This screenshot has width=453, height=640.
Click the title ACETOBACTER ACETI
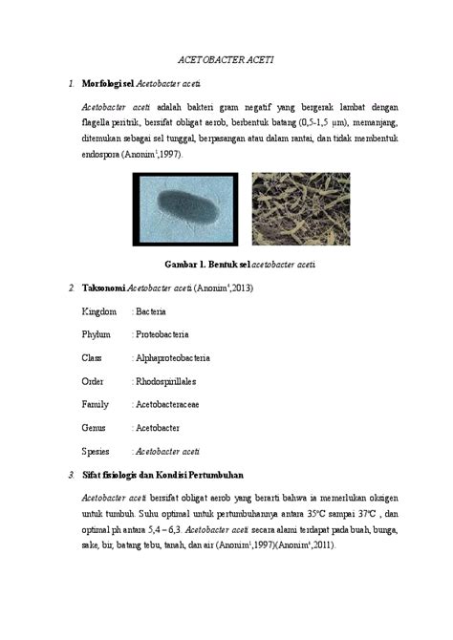coord(226,59)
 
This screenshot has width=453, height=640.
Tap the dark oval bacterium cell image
coord(184,208)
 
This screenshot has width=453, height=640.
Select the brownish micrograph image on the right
coord(299,208)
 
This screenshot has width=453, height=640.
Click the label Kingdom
coord(99,311)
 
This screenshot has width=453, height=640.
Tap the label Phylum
coord(97,334)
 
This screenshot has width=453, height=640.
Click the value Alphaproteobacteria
coord(172,358)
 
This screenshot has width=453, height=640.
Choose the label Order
coord(95,381)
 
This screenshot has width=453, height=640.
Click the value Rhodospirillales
coord(165,381)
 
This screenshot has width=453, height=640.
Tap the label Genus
coord(96,428)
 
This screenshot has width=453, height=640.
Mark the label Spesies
coord(97,451)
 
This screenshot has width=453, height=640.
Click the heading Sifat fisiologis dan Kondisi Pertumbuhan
coord(162,475)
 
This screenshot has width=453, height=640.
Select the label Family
coord(96,405)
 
